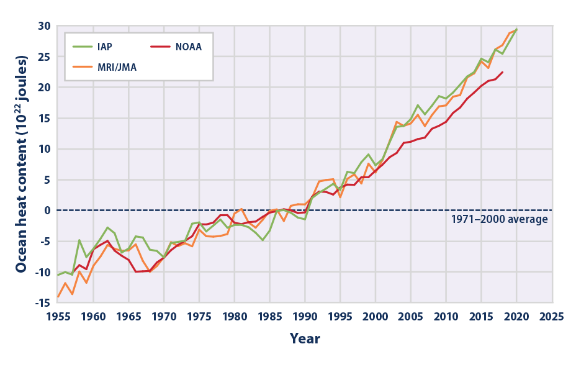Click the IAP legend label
104,47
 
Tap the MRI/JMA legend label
116,68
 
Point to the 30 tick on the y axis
43,26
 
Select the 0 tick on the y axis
46,211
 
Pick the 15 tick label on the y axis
43,118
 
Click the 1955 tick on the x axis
58,315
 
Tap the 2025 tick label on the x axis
552,315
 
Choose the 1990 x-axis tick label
305,315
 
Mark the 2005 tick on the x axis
410,315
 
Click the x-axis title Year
304,338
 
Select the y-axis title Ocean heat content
22,164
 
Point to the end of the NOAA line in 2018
502,72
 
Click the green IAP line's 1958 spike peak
79,240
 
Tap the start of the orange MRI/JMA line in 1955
58,297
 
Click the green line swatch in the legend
81,47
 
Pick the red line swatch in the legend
162,47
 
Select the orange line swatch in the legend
81,68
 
